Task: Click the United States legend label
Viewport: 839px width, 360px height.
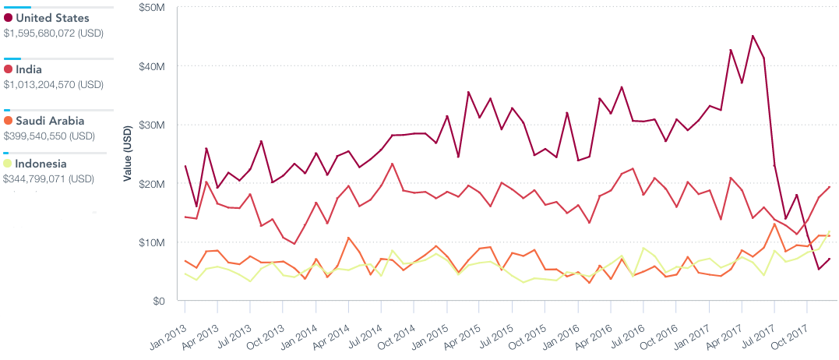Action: (51, 18)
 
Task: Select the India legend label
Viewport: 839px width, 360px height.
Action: (29, 69)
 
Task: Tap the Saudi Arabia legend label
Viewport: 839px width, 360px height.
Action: (50, 121)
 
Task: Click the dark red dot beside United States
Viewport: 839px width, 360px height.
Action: (8, 18)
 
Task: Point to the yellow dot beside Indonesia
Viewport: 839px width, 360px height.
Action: (8, 164)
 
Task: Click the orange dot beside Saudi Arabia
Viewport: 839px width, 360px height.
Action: (8, 121)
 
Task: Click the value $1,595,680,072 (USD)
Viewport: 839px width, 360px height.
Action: (54, 34)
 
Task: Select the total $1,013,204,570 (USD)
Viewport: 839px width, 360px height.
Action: (54, 84)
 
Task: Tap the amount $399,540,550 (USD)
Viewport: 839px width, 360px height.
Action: (49, 136)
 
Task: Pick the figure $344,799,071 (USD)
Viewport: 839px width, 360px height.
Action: (48, 178)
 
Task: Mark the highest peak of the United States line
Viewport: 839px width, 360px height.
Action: (753, 36)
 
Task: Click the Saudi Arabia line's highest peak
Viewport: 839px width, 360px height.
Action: (774, 224)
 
